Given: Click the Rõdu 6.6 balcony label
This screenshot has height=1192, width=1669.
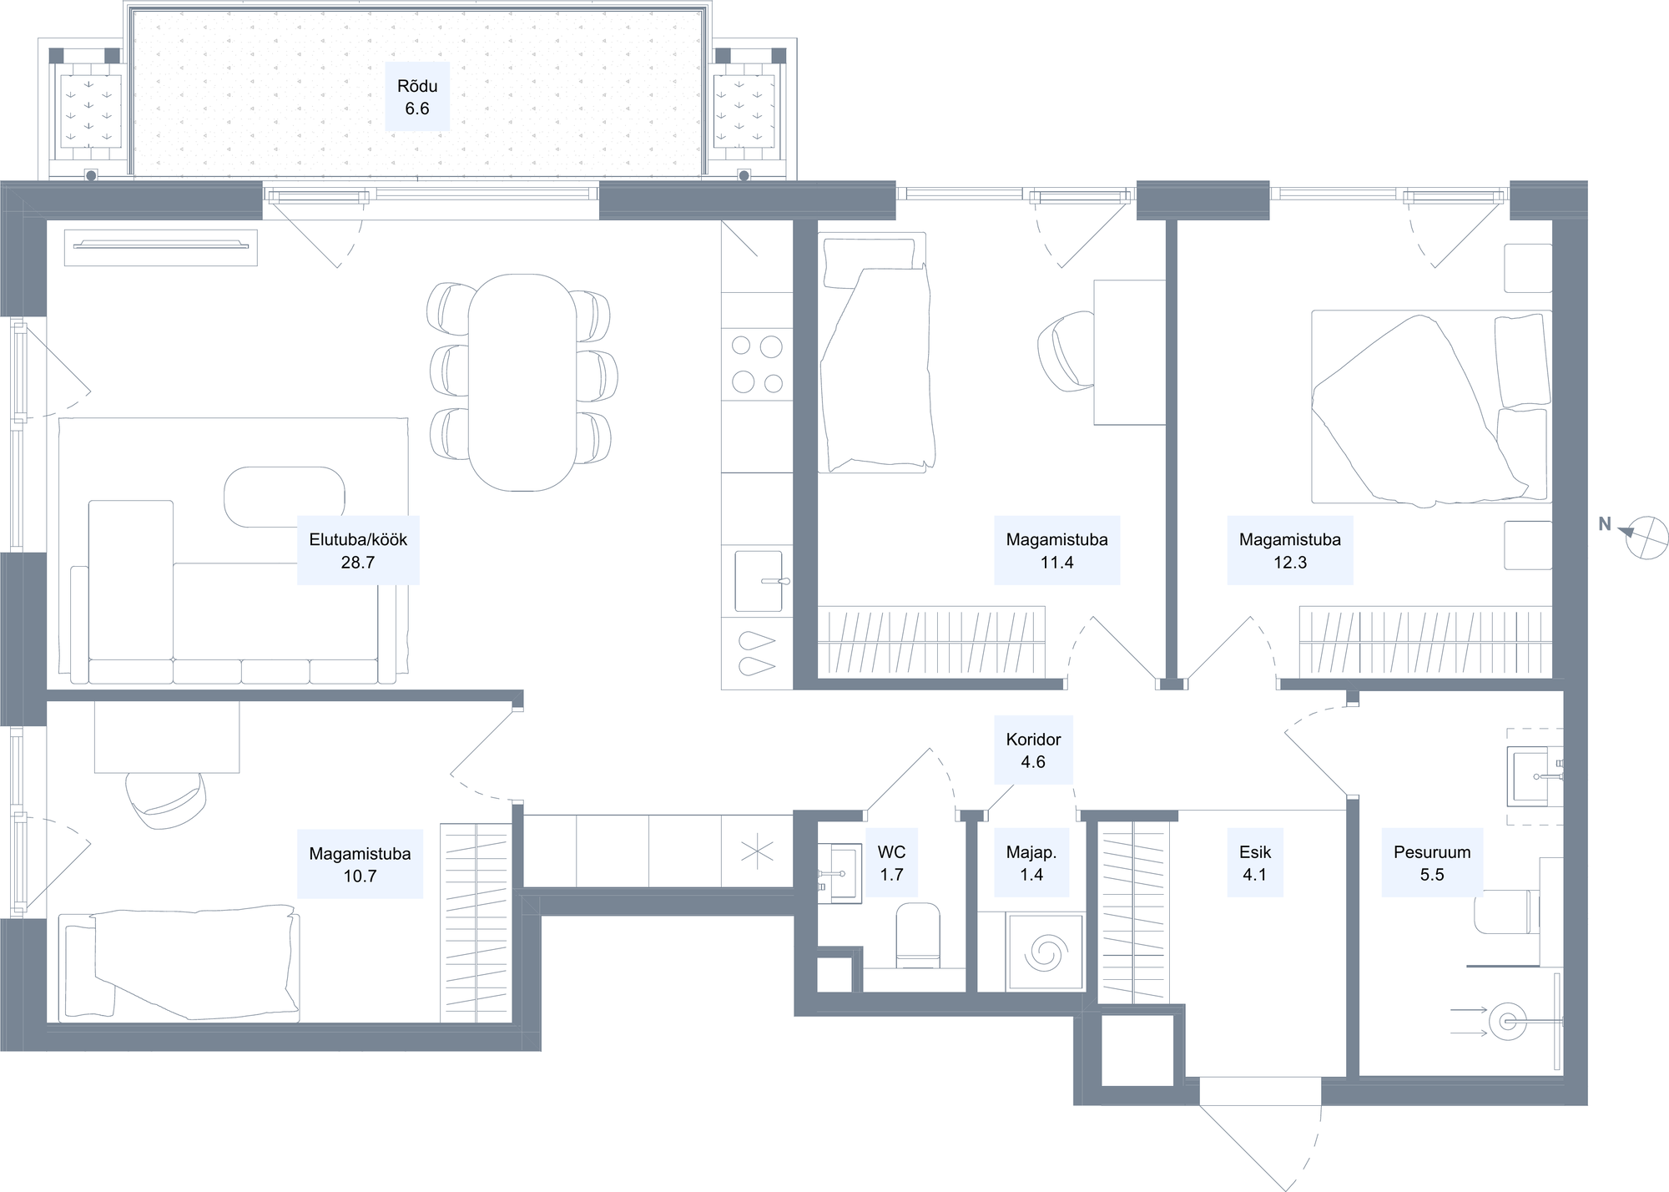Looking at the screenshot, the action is click(x=417, y=97).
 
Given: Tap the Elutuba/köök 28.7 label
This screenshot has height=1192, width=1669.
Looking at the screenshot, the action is click(x=358, y=551).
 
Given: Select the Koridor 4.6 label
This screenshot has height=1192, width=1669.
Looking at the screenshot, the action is click(x=1033, y=750).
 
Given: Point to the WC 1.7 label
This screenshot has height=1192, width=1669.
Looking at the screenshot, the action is click(x=891, y=863).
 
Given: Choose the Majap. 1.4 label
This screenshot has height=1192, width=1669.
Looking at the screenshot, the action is click(x=1031, y=863).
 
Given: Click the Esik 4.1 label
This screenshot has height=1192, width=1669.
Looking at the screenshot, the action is click(x=1255, y=863).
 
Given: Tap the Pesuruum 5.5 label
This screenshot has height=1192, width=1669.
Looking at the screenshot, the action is click(x=1432, y=863).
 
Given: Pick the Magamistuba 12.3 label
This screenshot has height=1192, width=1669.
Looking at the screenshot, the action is click(x=1290, y=551).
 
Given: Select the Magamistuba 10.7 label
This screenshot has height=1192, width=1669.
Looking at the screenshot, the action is click(x=360, y=865).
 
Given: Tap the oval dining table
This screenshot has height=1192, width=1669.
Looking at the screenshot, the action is click(x=522, y=382).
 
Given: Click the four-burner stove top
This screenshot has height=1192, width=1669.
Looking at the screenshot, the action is click(x=757, y=364).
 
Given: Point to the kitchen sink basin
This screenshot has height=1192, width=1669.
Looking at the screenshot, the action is click(x=759, y=581).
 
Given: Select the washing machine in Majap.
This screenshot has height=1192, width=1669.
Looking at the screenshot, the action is click(x=1046, y=952).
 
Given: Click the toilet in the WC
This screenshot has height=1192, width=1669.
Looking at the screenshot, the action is click(x=918, y=936).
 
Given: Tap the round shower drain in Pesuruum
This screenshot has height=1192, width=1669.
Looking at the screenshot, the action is click(x=1507, y=1021).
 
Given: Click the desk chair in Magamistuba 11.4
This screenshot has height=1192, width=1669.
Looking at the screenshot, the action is click(x=1066, y=351).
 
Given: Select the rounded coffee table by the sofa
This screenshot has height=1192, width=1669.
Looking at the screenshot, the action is click(x=285, y=498).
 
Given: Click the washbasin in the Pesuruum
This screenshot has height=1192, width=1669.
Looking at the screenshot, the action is click(x=1534, y=776).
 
